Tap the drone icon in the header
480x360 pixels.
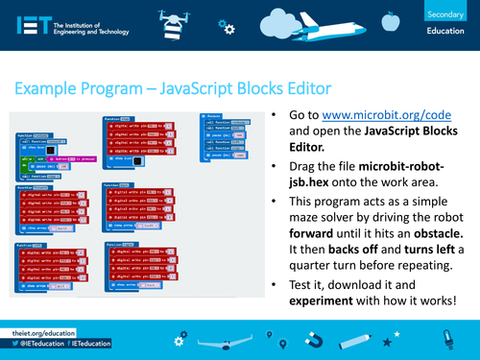[168, 21]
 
